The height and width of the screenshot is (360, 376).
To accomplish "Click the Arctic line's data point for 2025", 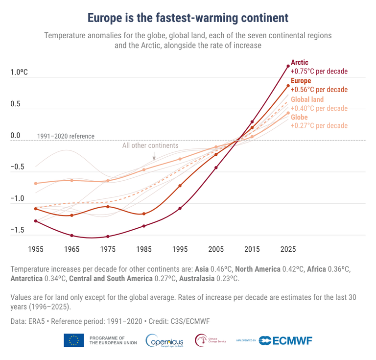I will pos(288,66).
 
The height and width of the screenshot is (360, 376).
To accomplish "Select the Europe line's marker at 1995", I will pos(180,186).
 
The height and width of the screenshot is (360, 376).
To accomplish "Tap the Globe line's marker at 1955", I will pos(36,183).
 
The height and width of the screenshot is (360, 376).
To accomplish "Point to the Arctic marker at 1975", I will pos(108,237).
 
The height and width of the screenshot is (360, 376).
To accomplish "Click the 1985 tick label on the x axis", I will pos(144,249).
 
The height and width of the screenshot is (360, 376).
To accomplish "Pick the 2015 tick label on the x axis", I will pos(252,249).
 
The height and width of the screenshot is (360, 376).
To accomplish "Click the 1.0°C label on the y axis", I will pos(19,72).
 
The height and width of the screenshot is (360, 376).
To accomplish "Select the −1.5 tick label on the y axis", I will pos(18,230).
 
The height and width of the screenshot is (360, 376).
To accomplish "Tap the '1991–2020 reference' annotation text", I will pos(66,136).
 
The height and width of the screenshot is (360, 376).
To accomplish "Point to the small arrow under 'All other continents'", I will pos(154,156).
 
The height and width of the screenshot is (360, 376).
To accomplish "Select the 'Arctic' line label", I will pos(300,63).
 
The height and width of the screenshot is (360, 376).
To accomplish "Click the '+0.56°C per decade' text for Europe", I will pos(319,90).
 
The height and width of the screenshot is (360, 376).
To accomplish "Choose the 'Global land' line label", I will pos(307,99).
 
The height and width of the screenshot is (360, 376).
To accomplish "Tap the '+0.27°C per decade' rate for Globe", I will pos(319,126).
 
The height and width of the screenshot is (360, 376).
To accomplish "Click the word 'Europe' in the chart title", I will pos(107,18).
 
